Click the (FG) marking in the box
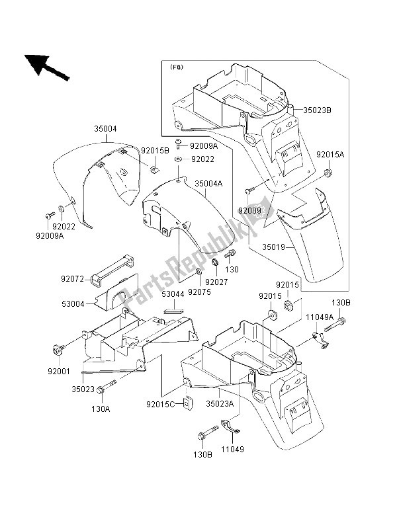pyautogui.click(x=177, y=67)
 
